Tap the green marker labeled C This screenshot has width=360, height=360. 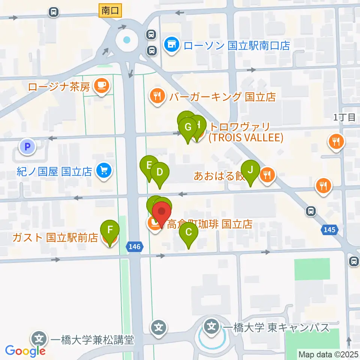click(x=188, y=233)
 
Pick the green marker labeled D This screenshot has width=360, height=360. click(x=160, y=173)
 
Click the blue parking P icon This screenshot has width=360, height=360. click(x=27, y=147)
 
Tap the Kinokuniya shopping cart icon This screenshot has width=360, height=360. click(x=103, y=171)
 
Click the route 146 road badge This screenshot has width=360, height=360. click(x=135, y=247)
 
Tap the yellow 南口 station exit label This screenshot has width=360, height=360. click(x=110, y=11)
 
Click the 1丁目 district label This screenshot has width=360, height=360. click(x=344, y=117)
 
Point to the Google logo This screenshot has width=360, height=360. click(x=25, y=351)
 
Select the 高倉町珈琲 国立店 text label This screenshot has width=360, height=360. click(x=209, y=224)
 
